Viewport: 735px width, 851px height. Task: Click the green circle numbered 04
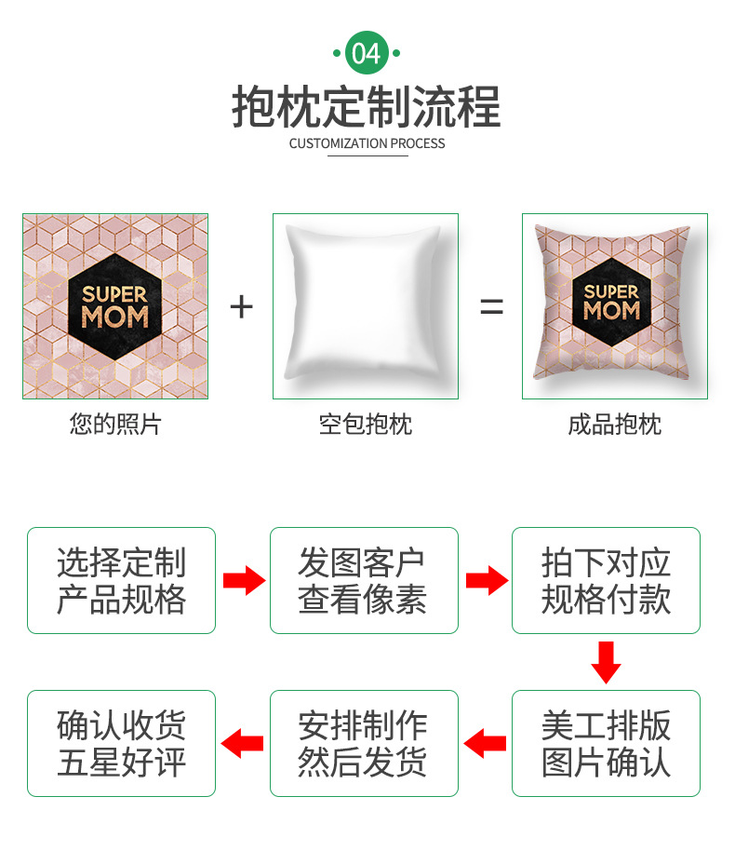point(367,52)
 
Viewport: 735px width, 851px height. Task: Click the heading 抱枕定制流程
point(367,106)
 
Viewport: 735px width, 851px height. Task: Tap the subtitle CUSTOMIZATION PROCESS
point(367,143)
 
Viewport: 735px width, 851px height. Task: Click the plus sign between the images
point(241,306)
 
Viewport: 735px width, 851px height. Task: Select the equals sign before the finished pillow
point(491,306)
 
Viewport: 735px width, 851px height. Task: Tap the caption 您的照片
point(115,425)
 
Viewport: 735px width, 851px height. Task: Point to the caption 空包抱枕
point(365,425)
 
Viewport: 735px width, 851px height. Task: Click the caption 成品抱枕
point(614,425)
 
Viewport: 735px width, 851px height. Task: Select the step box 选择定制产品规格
point(121,580)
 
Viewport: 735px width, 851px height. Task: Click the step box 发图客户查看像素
point(364,580)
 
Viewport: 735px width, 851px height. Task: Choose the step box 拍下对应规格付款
point(606,580)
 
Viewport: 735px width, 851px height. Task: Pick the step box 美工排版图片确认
point(606,743)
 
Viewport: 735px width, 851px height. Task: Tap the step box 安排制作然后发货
point(364,743)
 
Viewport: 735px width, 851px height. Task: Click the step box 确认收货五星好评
point(121,743)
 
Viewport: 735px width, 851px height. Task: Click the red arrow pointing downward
point(606,661)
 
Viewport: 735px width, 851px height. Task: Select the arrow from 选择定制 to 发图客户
point(244,581)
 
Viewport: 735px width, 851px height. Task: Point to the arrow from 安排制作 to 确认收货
point(243,743)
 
